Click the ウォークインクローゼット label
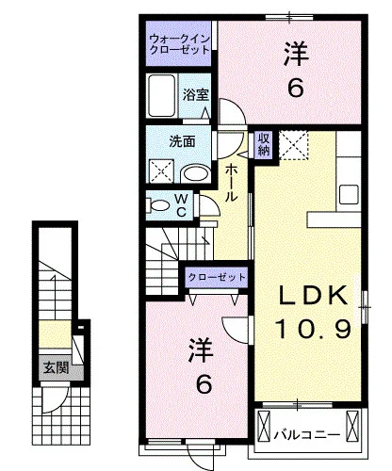click(x=180, y=44)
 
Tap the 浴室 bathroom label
click(x=196, y=95)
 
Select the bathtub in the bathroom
click(x=162, y=95)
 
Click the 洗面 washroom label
click(x=182, y=141)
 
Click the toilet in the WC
click(x=158, y=205)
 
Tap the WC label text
click(x=181, y=205)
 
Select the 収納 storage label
click(x=264, y=145)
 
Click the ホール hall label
click(x=231, y=183)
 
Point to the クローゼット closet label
click(x=217, y=277)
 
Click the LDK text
click(x=313, y=296)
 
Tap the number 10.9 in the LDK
click(x=313, y=329)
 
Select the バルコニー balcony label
click(x=307, y=435)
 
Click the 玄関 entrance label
click(x=56, y=367)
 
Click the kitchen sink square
click(x=349, y=194)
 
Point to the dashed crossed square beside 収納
click(x=294, y=145)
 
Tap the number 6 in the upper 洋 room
click(x=296, y=87)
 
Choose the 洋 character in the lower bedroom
click(x=202, y=351)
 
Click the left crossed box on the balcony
click(x=264, y=426)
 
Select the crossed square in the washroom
click(x=161, y=171)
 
